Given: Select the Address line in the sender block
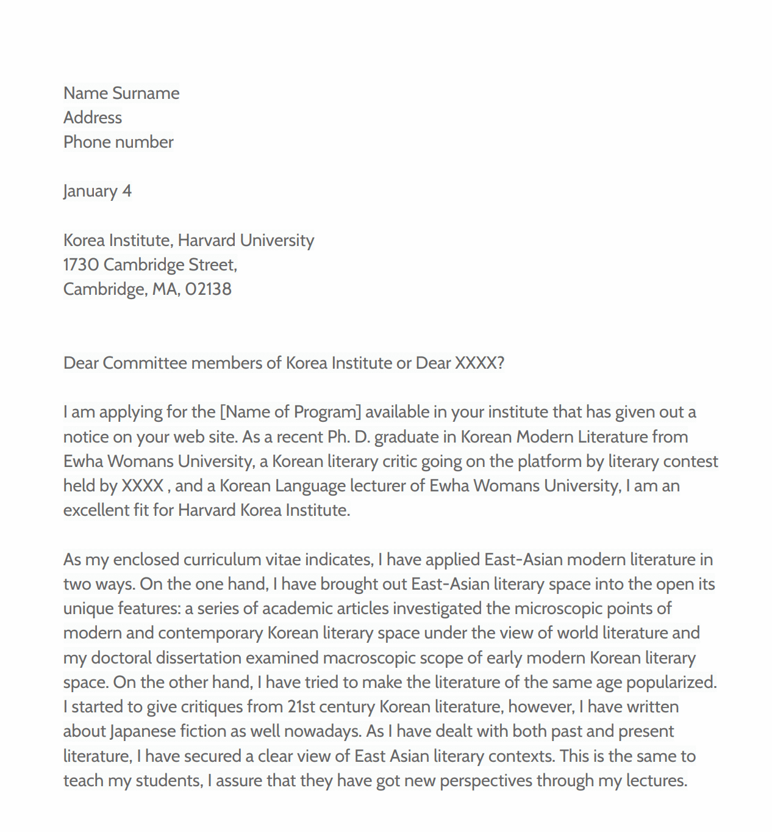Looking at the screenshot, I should pyautogui.click(x=93, y=118).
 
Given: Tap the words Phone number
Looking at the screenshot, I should pyautogui.click(x=118, y=142).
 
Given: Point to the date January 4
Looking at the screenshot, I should pyautogui.click(x=98, y=191).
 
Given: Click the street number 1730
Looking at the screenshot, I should pyautogui.click(x=81, y=265).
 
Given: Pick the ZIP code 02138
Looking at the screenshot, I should pyautogui.click(x=209, y=289).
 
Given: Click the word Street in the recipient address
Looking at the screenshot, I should pyautogui.click(x=212, y=265).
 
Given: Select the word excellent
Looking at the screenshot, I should pyautogui.click(x=96, y=510).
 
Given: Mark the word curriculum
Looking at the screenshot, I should pyautogui.click(x=222, y=560).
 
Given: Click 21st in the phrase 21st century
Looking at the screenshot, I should pyautogui.click(x=301, y=707).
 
